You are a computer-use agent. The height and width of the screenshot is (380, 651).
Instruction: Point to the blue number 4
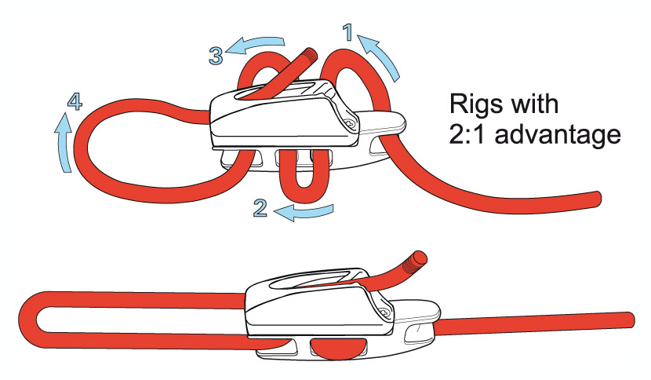(73, 101)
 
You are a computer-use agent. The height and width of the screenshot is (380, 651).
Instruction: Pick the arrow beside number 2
(310, 211)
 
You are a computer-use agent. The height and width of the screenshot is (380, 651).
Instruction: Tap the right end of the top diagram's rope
(598, 197)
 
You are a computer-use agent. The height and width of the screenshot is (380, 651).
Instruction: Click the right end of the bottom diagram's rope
(630, 318)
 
